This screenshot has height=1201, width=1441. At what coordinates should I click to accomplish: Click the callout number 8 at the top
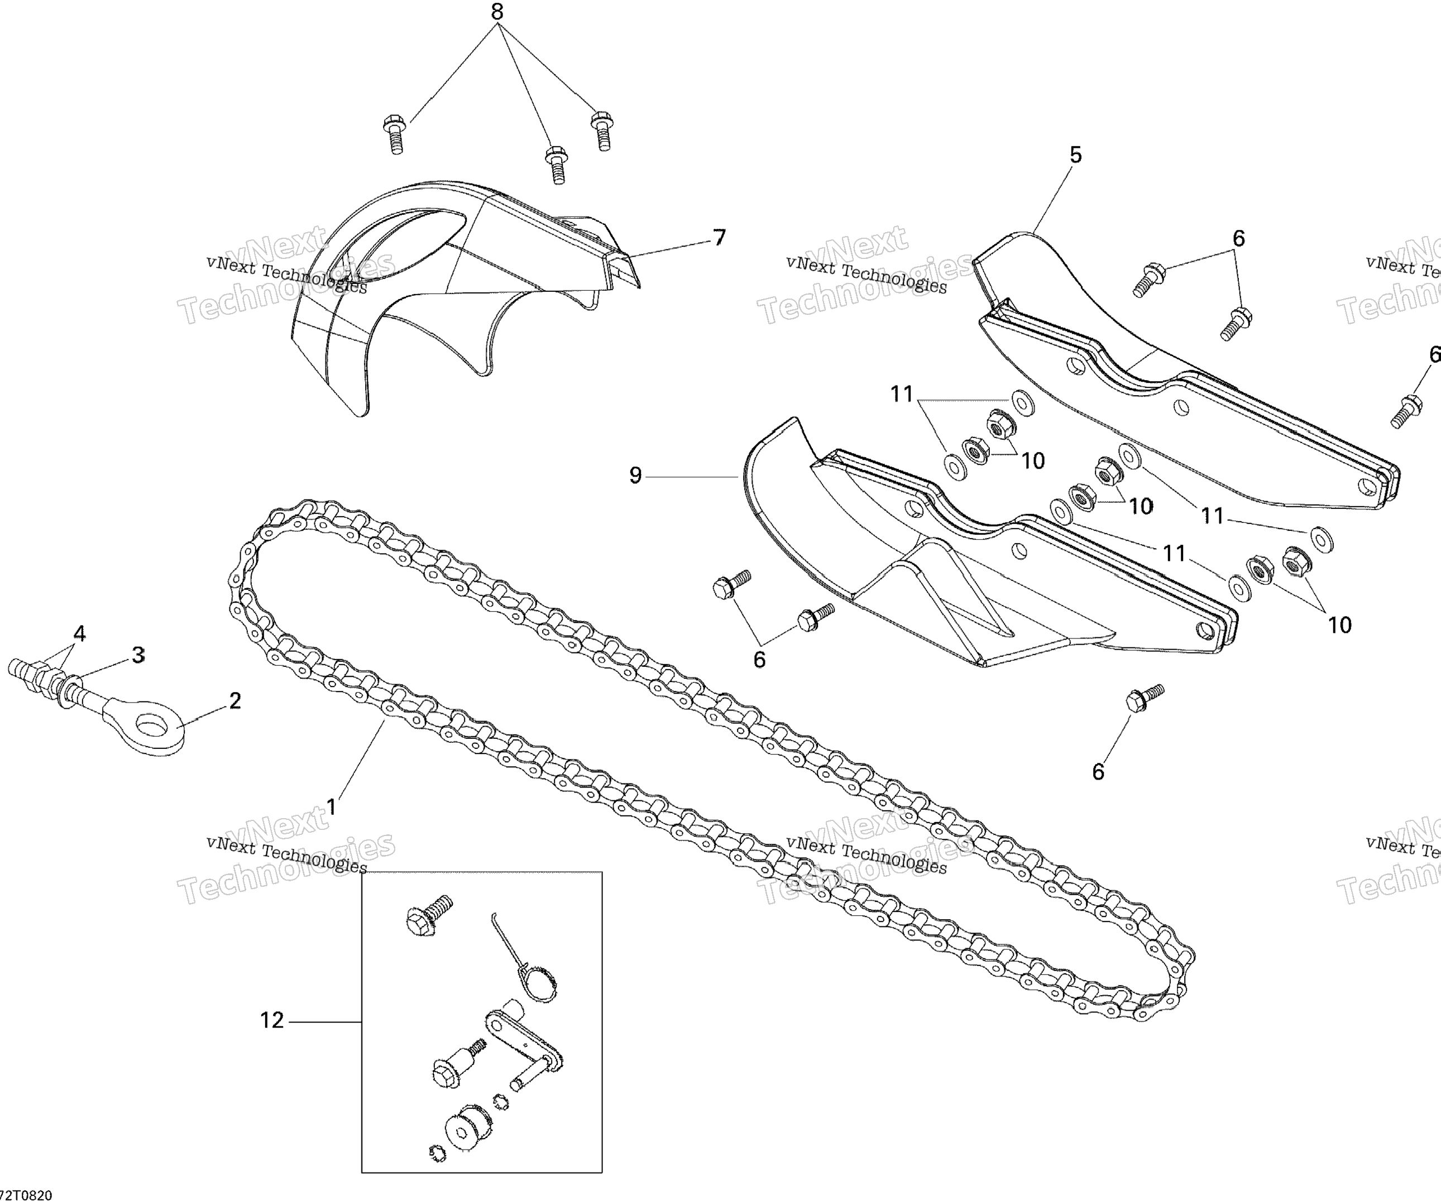497,12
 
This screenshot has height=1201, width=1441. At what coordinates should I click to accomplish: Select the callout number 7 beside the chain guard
719,237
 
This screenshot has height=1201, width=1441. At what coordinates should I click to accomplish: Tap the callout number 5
1075,155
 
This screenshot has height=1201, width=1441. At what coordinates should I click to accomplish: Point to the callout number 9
635,475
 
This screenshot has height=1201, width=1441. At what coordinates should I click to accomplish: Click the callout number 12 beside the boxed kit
272,1020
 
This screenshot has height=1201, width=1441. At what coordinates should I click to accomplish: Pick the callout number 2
234,700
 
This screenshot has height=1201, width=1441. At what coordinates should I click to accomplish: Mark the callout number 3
138,655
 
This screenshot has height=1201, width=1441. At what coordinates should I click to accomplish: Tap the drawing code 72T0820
26,1195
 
